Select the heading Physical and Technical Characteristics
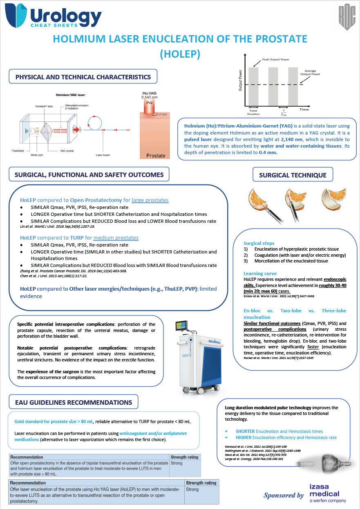tap(83, 77)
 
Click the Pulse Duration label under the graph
tap(253, 112)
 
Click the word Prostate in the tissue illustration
tap(156, 155)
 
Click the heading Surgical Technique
tap(293, 175)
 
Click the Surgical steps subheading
tap(259, 243)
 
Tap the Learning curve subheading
tap(260, 274)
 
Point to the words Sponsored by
tap(284, 495)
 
